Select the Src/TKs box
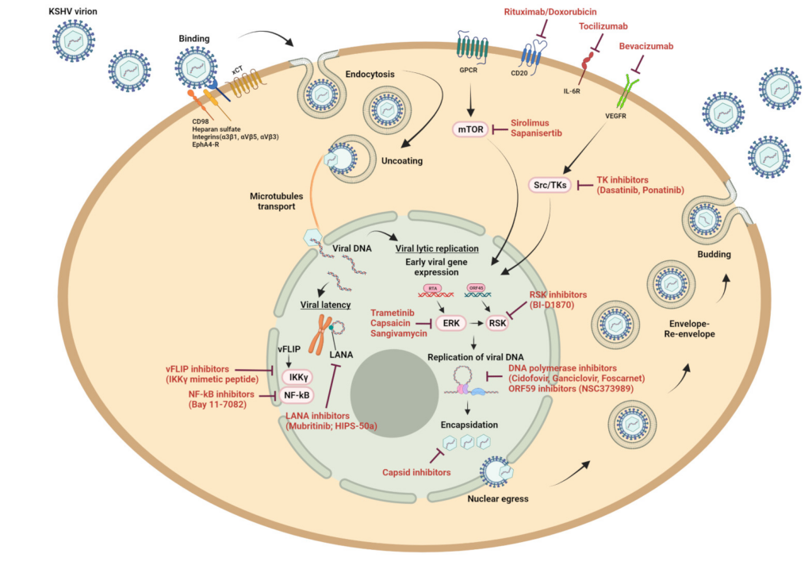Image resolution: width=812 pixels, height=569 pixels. point(548,185)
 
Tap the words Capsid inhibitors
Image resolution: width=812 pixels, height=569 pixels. point(417,472)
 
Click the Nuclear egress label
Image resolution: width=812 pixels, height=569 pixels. point(499,499)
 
